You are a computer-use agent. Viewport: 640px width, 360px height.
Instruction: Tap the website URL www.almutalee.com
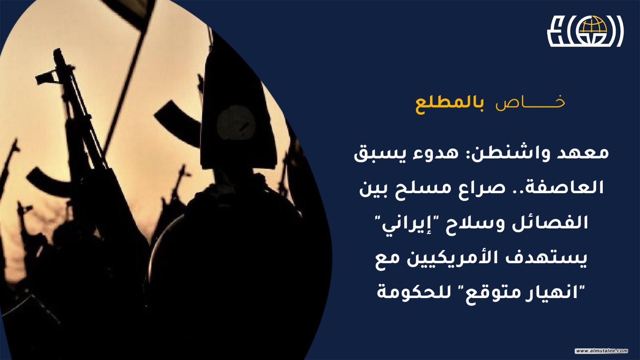(x=602, y=350)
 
